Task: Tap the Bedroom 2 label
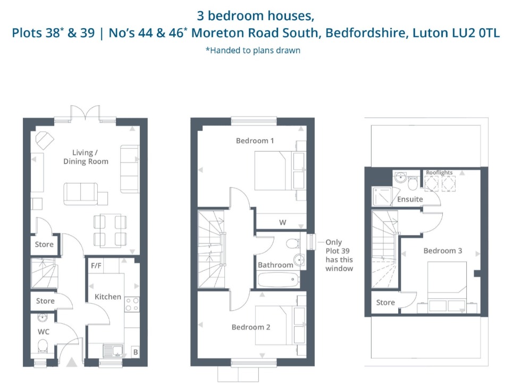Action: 251,327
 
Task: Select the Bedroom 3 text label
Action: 443,250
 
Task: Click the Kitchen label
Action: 108,297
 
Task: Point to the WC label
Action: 44,332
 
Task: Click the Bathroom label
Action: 275,265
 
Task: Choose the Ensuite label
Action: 410,199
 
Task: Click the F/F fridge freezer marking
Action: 96,265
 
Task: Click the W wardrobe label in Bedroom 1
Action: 283,222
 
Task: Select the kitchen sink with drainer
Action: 112,351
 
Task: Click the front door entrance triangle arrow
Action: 72,363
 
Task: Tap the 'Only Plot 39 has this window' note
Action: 339,255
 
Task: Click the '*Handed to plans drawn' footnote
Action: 252,51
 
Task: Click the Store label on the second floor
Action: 385,302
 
